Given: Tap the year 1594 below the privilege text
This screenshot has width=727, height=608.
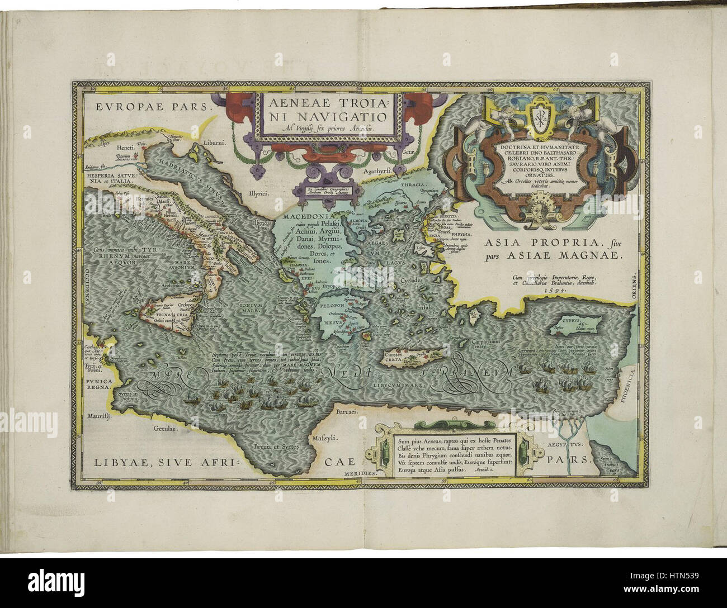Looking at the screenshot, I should pyautogui.click(x=551, y=290).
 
